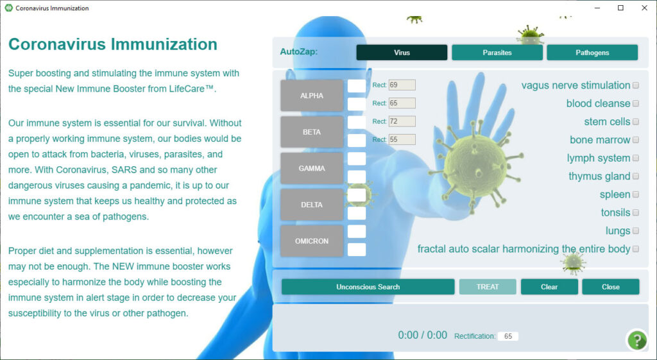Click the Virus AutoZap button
tap(402, 53)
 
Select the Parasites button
tap(497, 53)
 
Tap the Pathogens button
tap(592, 53)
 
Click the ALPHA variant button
tap(312, 96)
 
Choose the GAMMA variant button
tap(312, 168)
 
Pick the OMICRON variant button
tap(312, 241)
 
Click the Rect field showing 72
tap(402, 121)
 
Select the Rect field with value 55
tap(402, 139)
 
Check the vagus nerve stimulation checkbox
tap(636, 85)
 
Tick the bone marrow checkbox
tap(636, 140)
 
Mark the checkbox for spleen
tap(636, 194)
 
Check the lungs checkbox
tap(636, 231)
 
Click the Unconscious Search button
tap(368, 287)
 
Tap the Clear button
tap(549, 287)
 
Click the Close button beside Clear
tap(611, 287)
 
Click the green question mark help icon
tap(637, 340)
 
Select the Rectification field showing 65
tap(508, 336)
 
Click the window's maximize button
tap(620, 8)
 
